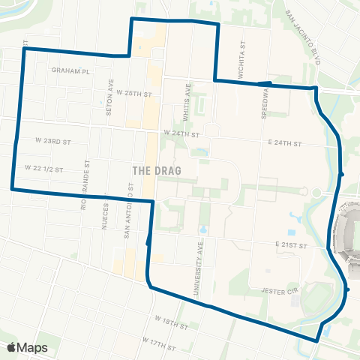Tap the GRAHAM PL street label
click(70, 71)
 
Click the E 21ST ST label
click(292, 245)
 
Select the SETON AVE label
click(109, 99)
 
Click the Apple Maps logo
click(27, 347)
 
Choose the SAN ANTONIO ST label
click(128, 216)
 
